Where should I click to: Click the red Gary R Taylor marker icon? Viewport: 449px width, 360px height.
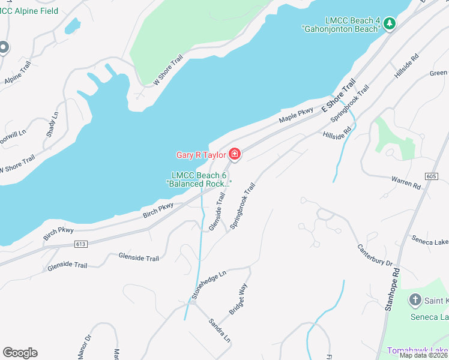pyautogui.click(x=234, y=155)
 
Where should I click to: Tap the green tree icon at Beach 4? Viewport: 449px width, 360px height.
pyautogui.click(x=390, y=23)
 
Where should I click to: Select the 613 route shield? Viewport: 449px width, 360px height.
pyautogui.click(x=81, y=244)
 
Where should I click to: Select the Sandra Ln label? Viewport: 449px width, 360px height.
pyautogui.click(x=219, y=330)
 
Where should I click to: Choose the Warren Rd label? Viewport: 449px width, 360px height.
pyautogui.click(x=406, y=182)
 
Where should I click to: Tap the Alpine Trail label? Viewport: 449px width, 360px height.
pyautogui.click(x=17, y=80)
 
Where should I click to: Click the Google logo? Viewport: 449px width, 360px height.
pyautogui.click(x=20, y=353)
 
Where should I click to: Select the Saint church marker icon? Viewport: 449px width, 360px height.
pyautogui.click(x=415, y=299)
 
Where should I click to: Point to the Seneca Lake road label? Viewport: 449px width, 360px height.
pyautogui.click(x=430, y=241)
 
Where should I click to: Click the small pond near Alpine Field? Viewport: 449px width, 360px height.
pyautogui.click(x=72, y=26)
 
